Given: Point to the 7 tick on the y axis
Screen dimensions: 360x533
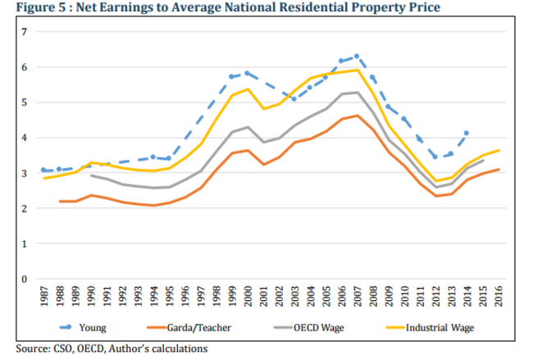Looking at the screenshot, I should pos(25,31).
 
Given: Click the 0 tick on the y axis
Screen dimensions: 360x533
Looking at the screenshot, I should pos(25,280).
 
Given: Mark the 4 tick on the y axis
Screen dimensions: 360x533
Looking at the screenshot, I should pos(25,138).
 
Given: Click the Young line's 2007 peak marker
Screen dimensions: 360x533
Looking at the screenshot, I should pos(357,57).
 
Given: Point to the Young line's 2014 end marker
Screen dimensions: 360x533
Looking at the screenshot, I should pos(467,132).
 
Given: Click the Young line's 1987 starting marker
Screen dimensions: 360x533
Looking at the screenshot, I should pos(44,171).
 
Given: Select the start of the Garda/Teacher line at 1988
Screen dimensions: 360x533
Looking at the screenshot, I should pos(61,201).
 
